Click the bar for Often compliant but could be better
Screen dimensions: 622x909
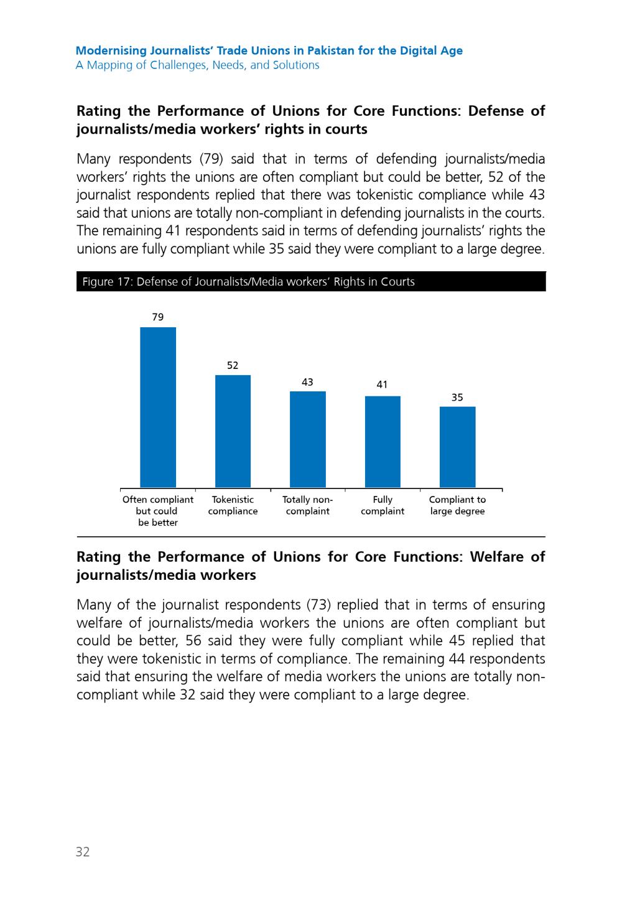[158, 407]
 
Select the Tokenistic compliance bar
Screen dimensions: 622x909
[233, 431]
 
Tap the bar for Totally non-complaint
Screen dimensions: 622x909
[307, 439]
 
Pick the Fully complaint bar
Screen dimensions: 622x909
[383, 442]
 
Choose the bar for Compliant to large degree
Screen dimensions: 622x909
[457, 447]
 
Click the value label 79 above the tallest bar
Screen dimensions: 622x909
[158, 317]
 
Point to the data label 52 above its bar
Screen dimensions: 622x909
[233, 365]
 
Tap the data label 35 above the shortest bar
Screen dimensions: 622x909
[457, 398]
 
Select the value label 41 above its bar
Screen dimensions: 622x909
[382, 385]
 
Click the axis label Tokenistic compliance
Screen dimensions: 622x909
[233, 505]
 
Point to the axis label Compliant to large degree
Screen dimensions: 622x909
[457, 505]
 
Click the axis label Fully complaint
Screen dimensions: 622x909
[383, 505]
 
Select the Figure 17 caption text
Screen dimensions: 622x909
[248, 282]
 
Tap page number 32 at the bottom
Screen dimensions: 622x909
[83, 851]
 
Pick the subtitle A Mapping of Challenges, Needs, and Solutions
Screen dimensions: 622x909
[198, 65]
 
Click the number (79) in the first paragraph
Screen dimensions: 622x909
[211, 159]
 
